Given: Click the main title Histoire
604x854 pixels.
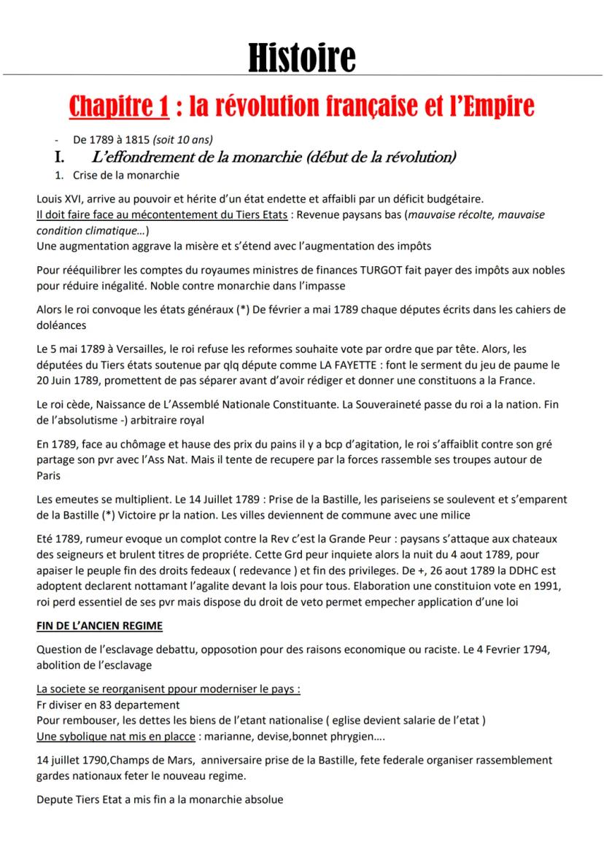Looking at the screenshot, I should click(x=301, y=58).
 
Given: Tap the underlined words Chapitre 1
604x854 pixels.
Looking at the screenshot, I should click(x=119, y=107).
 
